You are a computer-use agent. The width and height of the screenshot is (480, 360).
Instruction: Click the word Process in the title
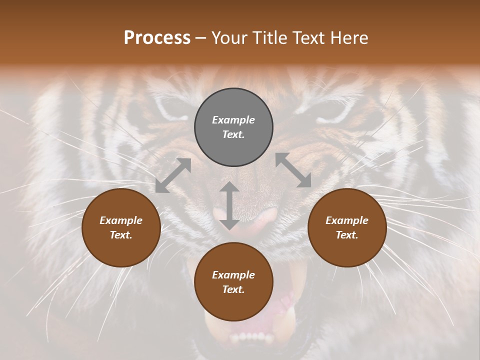(x=157, y=38)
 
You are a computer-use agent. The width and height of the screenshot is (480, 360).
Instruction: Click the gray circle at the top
(x=233, y=127)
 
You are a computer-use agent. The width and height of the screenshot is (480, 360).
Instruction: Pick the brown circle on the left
(x=121, y=227)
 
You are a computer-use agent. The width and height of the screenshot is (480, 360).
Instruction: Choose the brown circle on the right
(x=347, y=227)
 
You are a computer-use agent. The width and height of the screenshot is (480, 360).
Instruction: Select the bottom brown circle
(x=233, y=281)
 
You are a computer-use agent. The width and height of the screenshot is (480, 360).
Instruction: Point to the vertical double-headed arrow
(x=229, y=205)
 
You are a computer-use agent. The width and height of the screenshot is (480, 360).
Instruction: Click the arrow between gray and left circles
(x=173, y=175)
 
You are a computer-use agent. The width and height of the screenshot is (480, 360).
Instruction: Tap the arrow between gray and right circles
(x=293, y=170)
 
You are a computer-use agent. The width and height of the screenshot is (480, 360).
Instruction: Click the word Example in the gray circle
(x=233, y=120)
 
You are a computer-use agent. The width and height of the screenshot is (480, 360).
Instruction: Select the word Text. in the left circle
(x=121, y=235)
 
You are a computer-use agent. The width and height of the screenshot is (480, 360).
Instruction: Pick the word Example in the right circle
(x=347, y=220)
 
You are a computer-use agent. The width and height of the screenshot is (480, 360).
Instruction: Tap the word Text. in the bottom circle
(x=233, y=289)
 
